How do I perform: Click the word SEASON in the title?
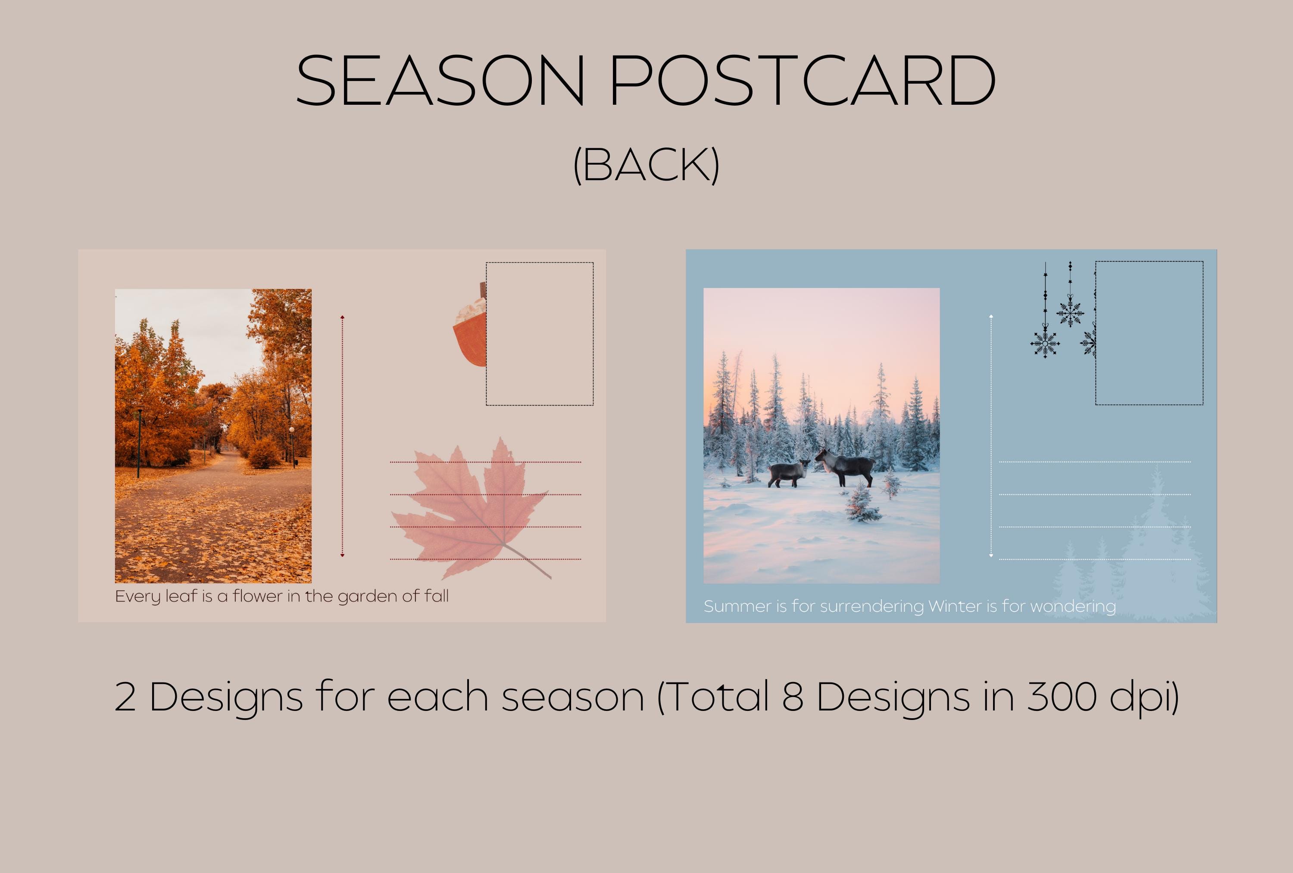pos(440,81)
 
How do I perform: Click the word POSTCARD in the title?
pos(802,81)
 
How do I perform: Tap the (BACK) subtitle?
pos(646,165)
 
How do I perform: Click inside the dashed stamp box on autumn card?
pos(540,334)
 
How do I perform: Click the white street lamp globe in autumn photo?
pos(291,429)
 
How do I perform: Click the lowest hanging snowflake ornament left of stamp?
pos(1045,344)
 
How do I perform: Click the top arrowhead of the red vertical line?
pos(342,318)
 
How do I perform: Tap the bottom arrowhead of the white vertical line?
pos(991,555)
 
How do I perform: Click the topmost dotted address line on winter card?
pos(1094,462)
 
